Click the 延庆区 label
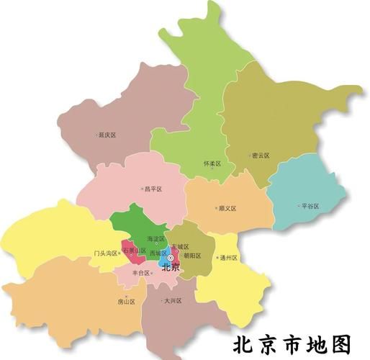[x=109, y=135]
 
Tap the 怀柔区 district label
[x=213, y=164]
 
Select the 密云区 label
[x=261, y=155]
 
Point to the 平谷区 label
[x=310, y=206]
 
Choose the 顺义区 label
[x=227, y=209]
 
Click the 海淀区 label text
[x=156, y=238]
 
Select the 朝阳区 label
[x=192, y=256]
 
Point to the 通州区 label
[x=228, y=258]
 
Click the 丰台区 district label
[x=140, y=273]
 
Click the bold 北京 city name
[x=171, y=268]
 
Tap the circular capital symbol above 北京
[x=171, y=257]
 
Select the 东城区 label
[x=181, y=247]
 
